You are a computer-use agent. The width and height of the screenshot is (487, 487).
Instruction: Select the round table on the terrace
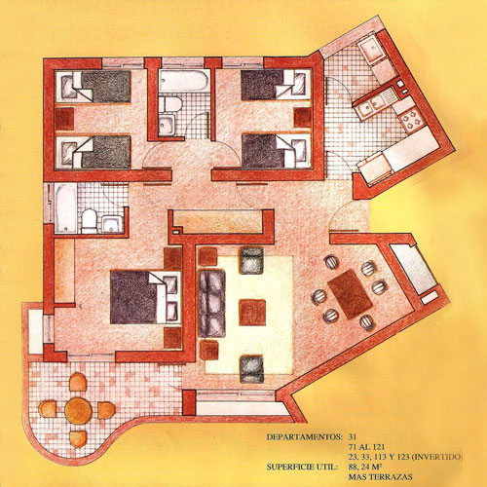tap(78, 409)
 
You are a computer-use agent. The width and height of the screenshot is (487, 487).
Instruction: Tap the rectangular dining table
tap(348, 292)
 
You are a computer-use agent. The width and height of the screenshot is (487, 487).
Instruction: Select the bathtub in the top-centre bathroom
tap(183, 80)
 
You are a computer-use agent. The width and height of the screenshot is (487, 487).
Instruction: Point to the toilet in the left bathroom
tap(88, 221)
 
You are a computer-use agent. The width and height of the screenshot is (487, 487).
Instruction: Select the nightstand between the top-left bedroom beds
tap(68, 117)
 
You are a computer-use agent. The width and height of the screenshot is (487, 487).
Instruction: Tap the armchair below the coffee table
tap(252, 366)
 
